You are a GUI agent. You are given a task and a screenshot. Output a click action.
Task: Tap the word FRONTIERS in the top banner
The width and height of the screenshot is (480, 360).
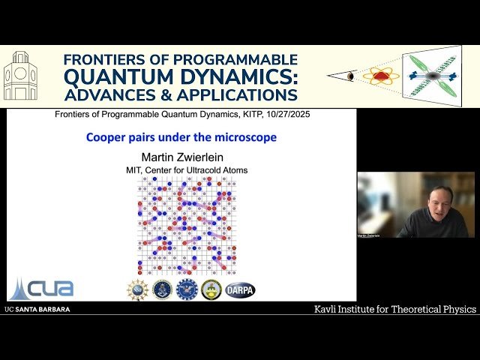coord(104,59)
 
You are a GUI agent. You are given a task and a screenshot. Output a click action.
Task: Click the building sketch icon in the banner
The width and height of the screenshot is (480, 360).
coord(20,76)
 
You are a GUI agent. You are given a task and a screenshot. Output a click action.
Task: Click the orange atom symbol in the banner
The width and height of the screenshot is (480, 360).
coord(380,76)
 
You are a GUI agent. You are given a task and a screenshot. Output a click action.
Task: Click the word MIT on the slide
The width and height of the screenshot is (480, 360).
coord(136,170)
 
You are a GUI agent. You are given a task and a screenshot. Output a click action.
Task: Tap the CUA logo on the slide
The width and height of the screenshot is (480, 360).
coord(42,287)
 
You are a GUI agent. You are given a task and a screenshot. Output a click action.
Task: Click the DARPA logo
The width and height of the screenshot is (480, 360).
coord(240,289)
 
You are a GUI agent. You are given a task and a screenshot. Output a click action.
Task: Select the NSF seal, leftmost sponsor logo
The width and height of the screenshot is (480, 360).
coord(137,289)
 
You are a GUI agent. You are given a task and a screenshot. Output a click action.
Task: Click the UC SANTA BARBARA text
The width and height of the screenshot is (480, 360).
coord(37,309)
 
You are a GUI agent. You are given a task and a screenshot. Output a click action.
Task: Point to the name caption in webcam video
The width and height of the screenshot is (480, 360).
coord(370,235)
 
